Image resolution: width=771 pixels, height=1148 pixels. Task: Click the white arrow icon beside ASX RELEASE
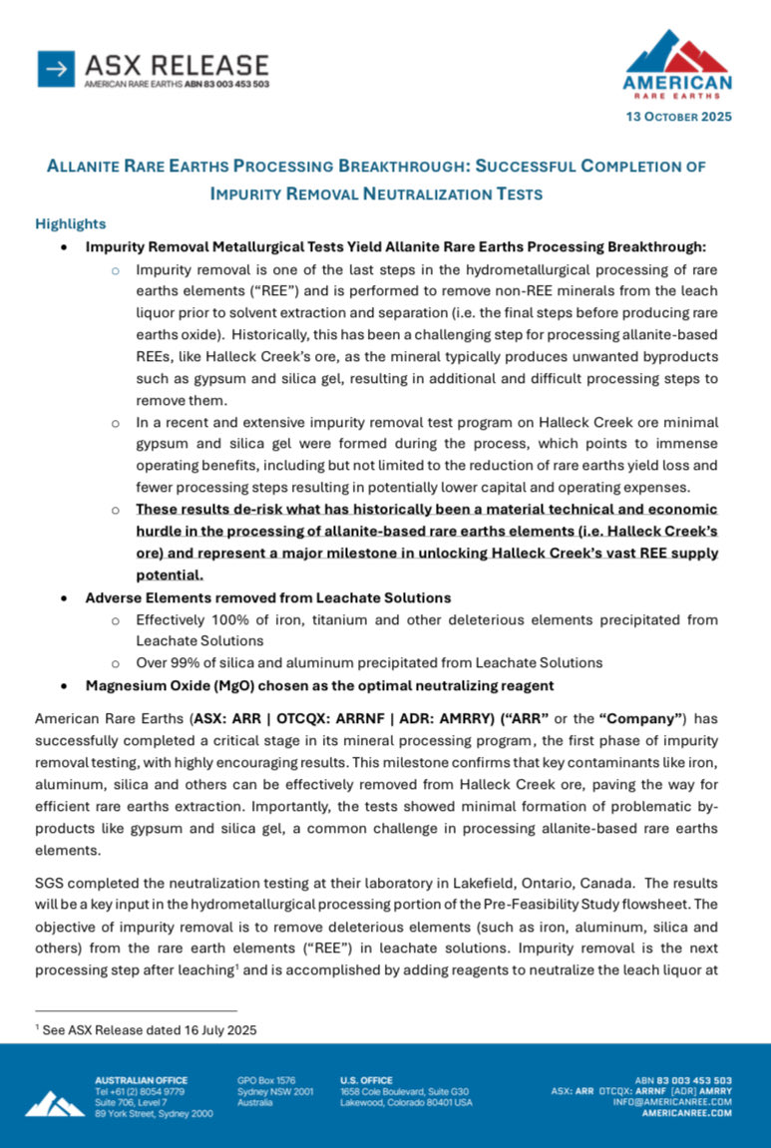57,69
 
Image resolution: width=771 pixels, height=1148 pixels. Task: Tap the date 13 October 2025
678,117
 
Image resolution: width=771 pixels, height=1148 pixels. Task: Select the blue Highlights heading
71,223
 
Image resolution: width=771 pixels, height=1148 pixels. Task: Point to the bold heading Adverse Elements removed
268,597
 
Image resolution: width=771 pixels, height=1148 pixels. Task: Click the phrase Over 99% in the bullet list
166,663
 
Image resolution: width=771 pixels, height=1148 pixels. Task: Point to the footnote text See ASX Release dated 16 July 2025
150,1030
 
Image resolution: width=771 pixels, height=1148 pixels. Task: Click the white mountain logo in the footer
55,1103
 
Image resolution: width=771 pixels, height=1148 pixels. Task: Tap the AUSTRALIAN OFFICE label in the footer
141,1080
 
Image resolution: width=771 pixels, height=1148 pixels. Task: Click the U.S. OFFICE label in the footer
366,1080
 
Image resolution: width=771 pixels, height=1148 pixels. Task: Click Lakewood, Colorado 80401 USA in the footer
407,1102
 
